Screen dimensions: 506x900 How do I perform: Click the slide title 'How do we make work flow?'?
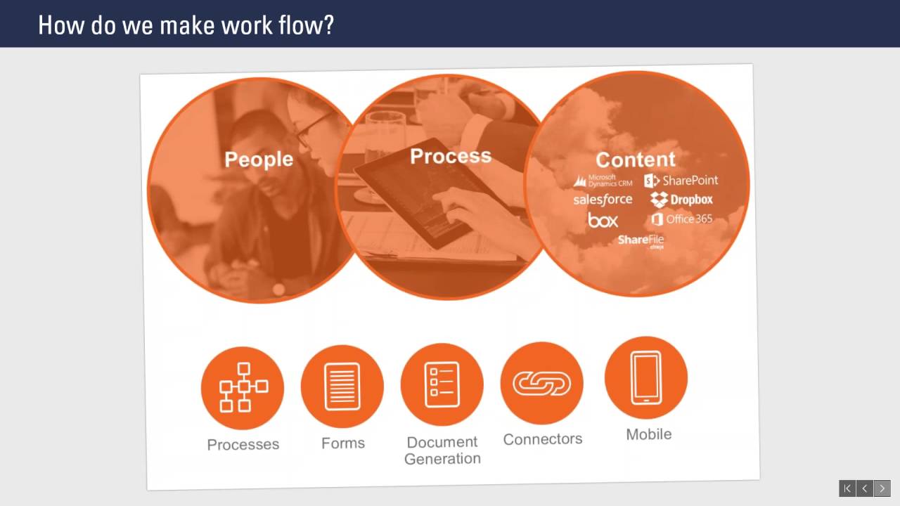(x=186, y=25)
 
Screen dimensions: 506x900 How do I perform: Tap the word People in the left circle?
(x=259, y=160)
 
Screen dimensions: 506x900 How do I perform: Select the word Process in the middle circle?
(x=450, y=156)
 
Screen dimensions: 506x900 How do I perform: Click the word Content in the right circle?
(x=635, y=160)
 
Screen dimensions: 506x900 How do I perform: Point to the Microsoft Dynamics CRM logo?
(x=603, y=181)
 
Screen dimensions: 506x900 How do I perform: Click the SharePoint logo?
(x=681, y=181)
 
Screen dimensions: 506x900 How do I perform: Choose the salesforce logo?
(x=603, y=200)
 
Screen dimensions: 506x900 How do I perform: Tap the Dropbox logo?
(x=681, y=200)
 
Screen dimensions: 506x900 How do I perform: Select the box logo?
(x=603, y=221)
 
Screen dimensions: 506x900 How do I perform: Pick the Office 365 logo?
(x=681, y=219)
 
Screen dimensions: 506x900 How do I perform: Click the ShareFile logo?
(x=641, y=241)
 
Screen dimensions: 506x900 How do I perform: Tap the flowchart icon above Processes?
(x=243, y=387)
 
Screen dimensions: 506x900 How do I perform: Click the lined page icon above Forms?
(x=342, y=386)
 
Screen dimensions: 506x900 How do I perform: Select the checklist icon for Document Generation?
(x=442, y=384)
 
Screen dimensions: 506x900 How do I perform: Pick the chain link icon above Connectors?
(x=541, y=383)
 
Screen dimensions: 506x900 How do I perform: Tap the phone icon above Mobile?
(x=645, y=377)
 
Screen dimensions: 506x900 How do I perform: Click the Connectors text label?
(x=543, y=439)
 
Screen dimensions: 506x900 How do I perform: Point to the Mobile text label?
(x=648, y=434)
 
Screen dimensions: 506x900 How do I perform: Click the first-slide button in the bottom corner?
(x=847, y=488)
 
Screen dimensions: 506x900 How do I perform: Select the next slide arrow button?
(x=882, y=488)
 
